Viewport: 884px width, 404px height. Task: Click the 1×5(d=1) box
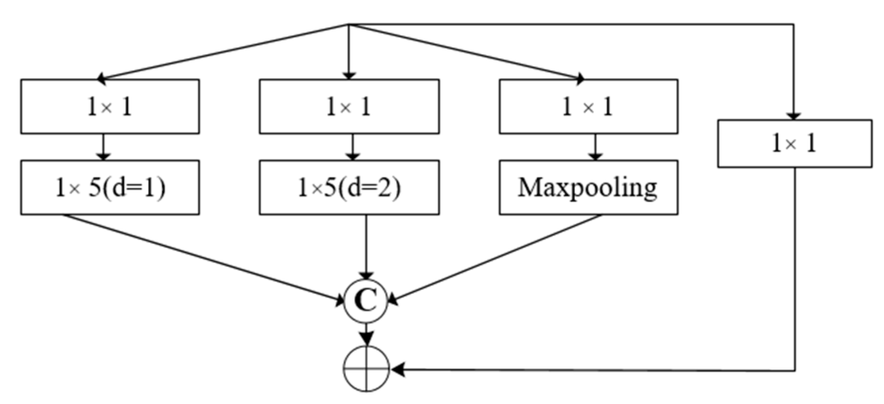110,188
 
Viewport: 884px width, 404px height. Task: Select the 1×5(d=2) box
349,188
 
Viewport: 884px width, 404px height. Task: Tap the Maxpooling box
588,188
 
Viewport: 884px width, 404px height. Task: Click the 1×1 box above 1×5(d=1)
110,107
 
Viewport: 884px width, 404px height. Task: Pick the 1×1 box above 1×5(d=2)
349,107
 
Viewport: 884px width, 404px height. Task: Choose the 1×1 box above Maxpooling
588,107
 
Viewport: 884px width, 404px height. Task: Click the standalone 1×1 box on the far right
794,143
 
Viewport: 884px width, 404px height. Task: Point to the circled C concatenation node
366,300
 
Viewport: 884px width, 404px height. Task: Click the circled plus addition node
366,369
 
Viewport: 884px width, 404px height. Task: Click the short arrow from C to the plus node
366,334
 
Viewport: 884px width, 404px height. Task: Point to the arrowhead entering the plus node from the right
398,370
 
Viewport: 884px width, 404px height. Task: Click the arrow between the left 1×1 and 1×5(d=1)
103,147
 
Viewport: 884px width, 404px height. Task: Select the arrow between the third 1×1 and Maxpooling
595,147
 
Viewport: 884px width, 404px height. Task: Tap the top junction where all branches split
348,24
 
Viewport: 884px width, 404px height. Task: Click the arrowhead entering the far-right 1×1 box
793,116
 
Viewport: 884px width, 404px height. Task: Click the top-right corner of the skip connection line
793,24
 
